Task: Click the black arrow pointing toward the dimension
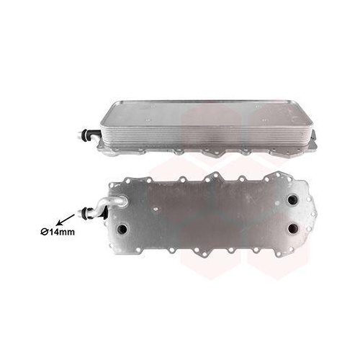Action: (65, 220)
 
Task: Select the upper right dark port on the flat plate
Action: (292, 199)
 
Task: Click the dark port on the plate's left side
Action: (122, 228)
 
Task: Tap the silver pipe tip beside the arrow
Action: (80, 212)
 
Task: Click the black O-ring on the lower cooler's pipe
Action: (85, 212)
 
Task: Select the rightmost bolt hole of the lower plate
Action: (313, 215)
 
